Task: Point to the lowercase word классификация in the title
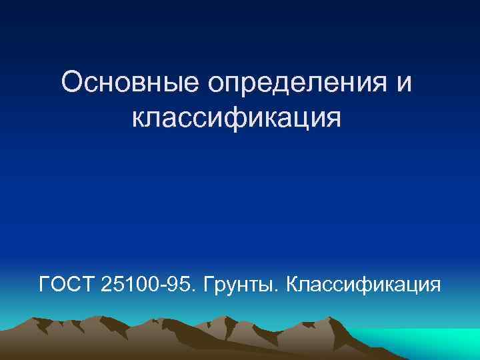[237, 118]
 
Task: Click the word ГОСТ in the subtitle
[67, 285]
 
